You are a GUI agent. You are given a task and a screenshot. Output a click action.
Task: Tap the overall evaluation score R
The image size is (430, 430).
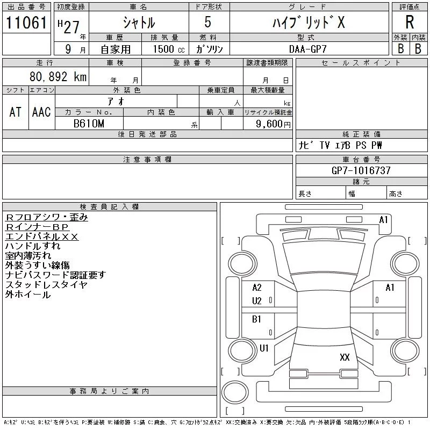(x=410, y=22)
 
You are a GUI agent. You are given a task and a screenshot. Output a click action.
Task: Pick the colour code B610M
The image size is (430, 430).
(x=90, y=123)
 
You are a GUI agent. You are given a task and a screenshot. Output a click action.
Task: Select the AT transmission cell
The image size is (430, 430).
(x=15, y=112)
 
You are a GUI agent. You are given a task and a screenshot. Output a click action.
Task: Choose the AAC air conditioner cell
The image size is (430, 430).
(x=41, y=112)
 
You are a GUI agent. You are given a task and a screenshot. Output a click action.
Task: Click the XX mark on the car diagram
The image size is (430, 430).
(x=345, y=357)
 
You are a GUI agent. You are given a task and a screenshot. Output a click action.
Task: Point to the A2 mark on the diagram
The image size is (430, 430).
(x=257, y=288)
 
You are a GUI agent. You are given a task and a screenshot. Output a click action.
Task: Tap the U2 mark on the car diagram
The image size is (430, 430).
(x=257, y=301)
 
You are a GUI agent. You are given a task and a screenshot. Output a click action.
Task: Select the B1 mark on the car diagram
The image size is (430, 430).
(x=257, y=319)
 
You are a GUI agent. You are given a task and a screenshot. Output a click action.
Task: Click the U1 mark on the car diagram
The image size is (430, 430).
(x=264, y=348)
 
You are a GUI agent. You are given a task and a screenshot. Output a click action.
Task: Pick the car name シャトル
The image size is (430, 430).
(x=138, y=23)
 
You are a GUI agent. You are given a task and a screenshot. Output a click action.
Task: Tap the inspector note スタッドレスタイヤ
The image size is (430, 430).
(x=46, y=285)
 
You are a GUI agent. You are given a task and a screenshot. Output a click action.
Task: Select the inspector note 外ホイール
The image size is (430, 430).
(x=28, y=295)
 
